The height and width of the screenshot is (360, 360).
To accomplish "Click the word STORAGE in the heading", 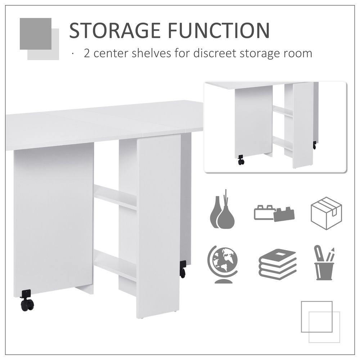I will (x=115, y=31).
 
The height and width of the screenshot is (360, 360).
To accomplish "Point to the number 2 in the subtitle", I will (x=87, y=54).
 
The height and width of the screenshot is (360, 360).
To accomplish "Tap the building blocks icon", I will (x=274, y=213).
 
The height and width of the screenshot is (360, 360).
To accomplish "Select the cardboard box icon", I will (x=326, y=213).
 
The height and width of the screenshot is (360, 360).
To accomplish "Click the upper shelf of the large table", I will (x=115, y=197).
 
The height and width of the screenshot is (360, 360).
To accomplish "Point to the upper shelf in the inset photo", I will (x=283, y=111).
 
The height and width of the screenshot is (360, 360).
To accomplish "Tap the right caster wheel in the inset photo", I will (x=314, y=145).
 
